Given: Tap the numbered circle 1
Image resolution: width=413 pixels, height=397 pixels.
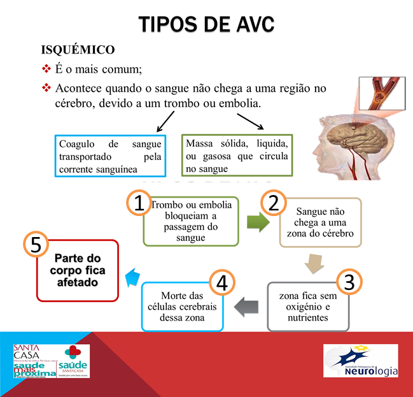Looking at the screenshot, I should point(137,203).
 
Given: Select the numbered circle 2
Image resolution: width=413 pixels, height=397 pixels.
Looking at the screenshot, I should point(273,203).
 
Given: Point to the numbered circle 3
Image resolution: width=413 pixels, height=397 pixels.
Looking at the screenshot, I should point(349,282).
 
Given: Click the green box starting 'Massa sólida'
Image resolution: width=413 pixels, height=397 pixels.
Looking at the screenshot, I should point(237,154).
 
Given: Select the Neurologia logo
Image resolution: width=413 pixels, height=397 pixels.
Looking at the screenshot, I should point(360,361).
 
